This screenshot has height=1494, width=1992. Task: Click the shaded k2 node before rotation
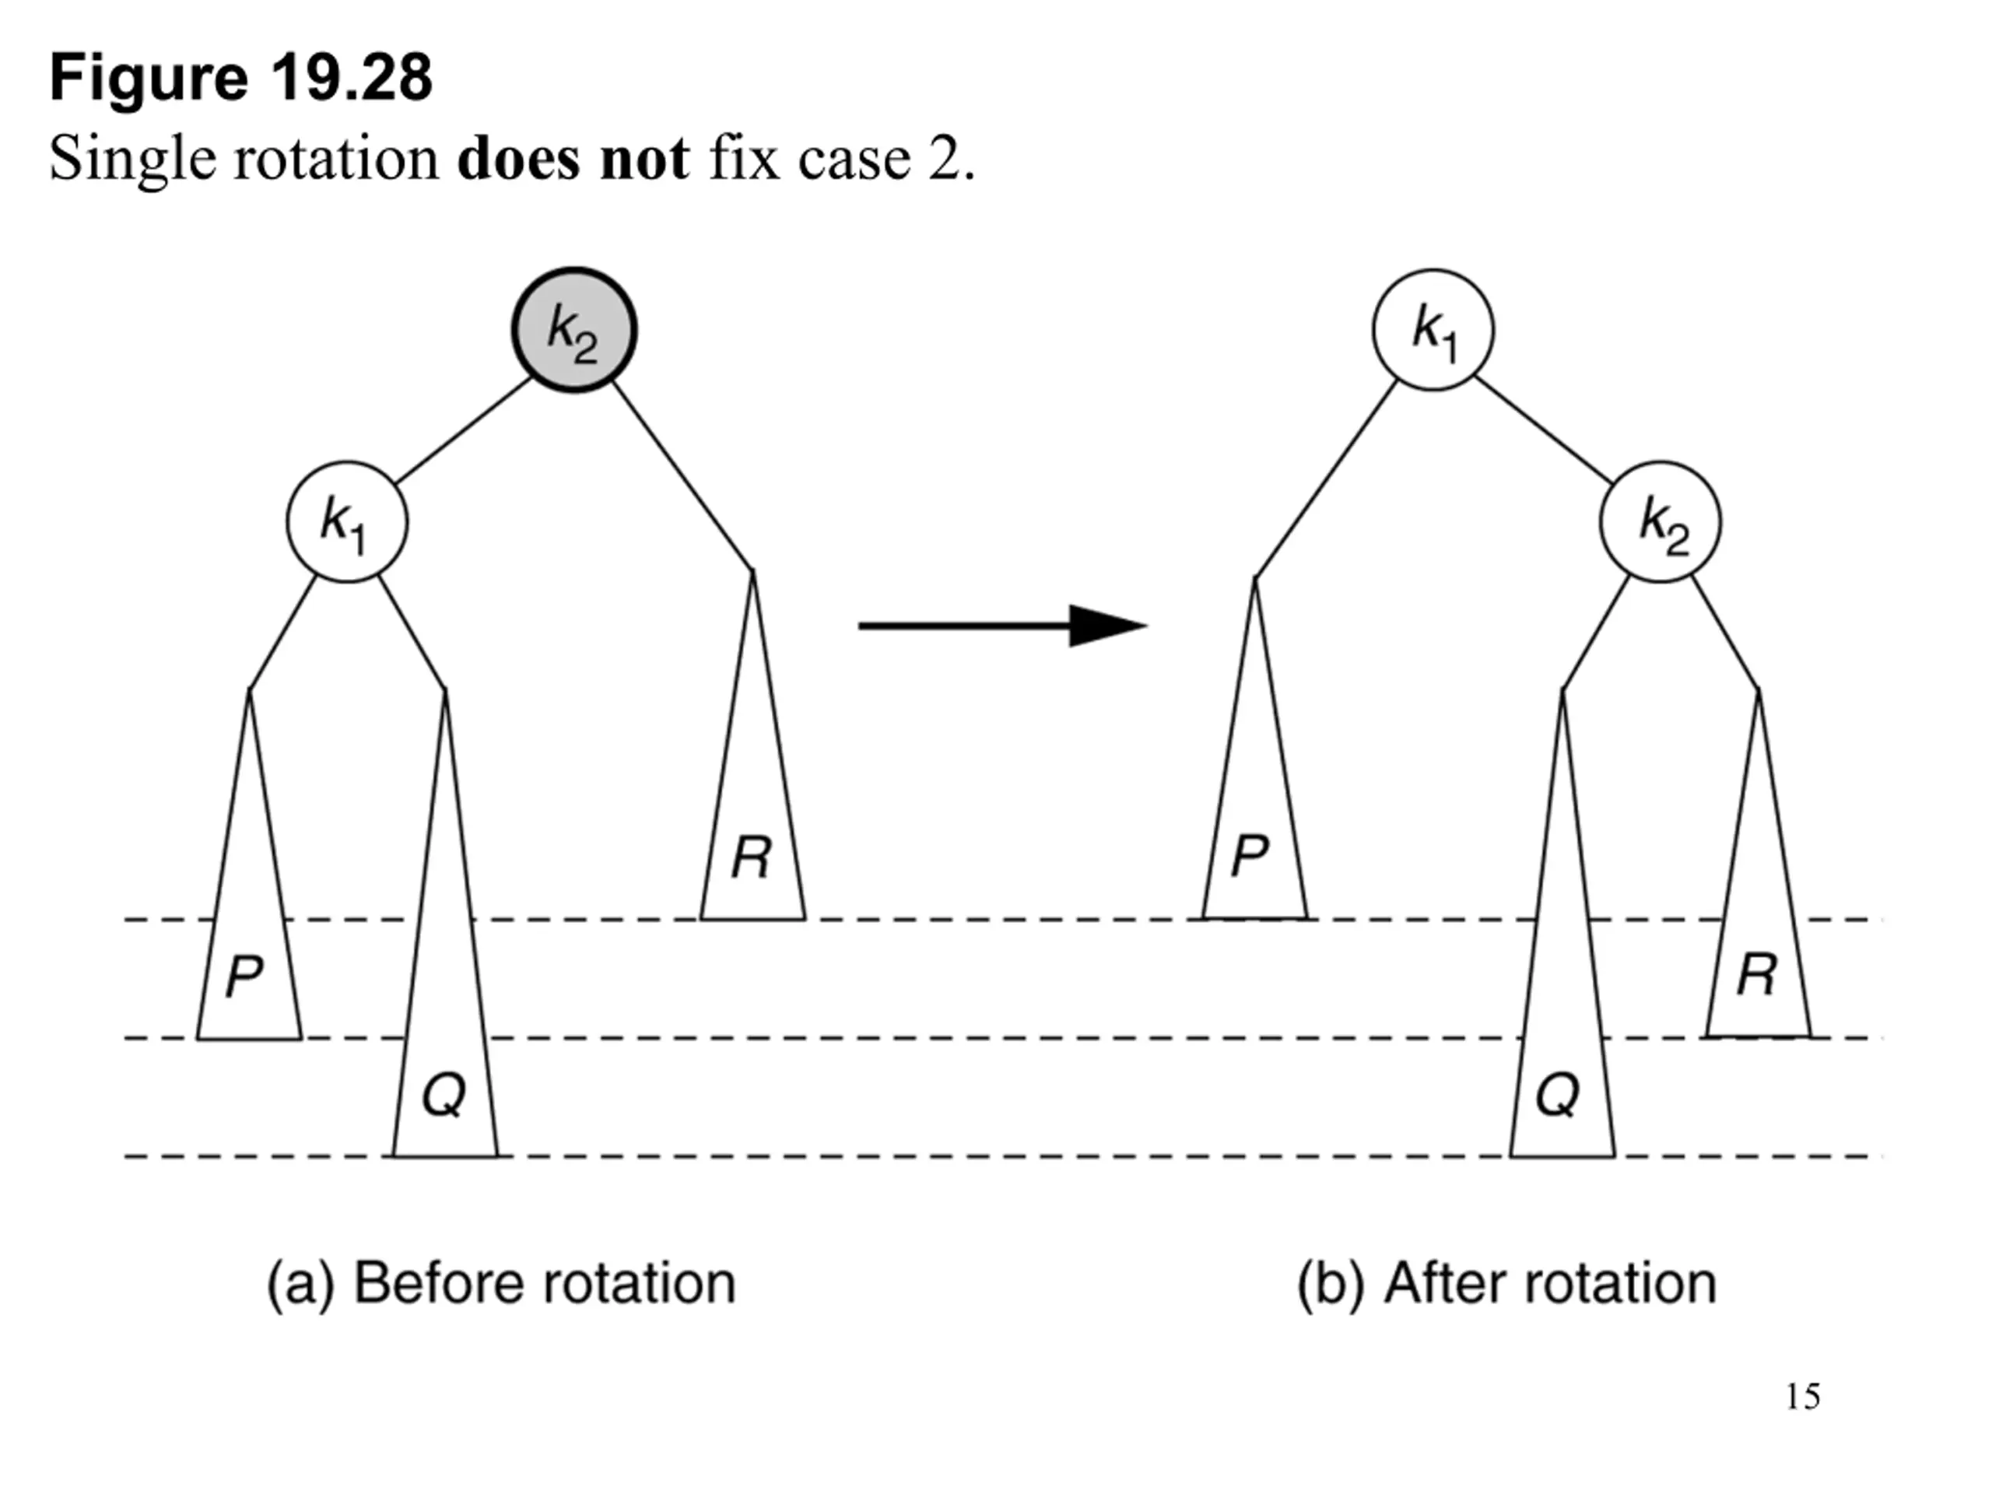coord(574,330)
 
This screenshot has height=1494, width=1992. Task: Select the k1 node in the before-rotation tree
coord(347,522)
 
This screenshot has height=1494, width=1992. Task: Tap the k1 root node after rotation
coord(1433,330)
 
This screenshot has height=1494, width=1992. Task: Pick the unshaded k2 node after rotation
coord(1661,522)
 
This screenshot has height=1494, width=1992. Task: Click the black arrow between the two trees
coord(1002,625)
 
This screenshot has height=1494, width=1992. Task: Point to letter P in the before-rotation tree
coord(244,977)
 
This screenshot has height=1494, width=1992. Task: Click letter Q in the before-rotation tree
coord(444,1096)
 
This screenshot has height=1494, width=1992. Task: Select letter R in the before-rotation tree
coord(751,857)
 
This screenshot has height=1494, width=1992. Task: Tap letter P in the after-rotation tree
coord(1250,854)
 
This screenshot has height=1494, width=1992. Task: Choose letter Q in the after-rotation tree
coord(1557,1096)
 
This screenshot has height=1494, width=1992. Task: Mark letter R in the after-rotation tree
coord(1757,975)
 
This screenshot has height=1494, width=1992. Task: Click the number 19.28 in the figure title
coord(351,78)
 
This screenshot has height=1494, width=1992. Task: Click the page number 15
coord(1803,1397)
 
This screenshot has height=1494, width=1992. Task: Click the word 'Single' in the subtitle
coord(132,160)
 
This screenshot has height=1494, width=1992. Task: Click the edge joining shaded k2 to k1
coord(465,430)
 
